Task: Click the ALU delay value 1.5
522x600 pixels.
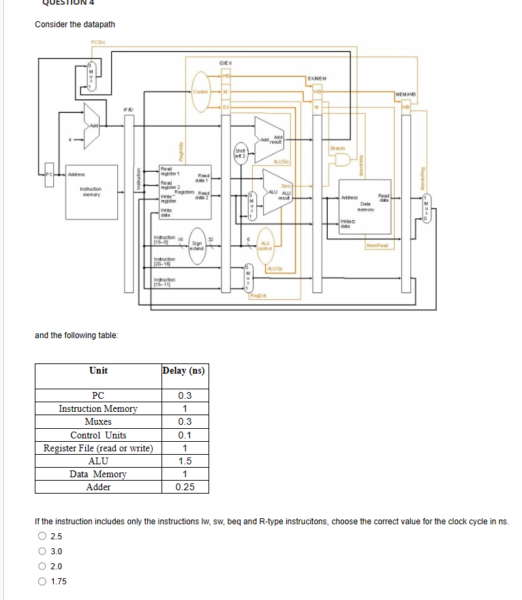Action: (185, 461)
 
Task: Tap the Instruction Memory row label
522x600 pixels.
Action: (98, 409)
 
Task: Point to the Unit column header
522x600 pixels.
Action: (98, 370)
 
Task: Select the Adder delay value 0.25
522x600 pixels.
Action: (185, 487)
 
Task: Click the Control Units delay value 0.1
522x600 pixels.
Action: (185, 435)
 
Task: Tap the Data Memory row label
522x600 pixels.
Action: (98, 474)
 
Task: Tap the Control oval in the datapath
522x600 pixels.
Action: (200, 91)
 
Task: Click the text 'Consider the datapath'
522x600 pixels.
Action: (75, 25)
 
